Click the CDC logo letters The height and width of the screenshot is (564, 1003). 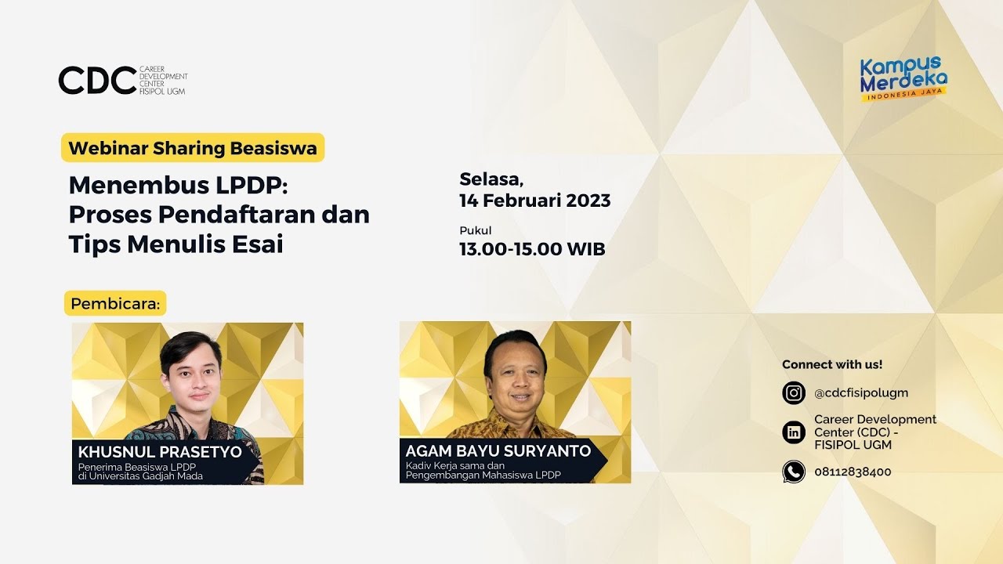97,80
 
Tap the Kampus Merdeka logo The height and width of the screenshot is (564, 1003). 903,77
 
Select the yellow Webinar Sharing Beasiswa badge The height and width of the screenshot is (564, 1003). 193,148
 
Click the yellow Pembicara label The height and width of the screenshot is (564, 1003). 115,303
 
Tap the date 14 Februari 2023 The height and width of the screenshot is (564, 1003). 534,200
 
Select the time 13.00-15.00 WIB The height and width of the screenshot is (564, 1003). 532,249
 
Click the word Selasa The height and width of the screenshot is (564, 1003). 491,179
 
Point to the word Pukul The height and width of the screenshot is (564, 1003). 475,230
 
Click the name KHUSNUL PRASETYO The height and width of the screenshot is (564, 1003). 160,452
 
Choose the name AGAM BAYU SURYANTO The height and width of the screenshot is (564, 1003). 498,450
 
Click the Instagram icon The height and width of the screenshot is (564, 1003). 794,392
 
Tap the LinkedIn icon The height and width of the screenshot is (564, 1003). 794,432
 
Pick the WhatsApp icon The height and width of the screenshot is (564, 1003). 794,472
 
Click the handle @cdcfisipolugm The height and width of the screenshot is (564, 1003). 860,393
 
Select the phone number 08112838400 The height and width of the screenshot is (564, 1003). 853,472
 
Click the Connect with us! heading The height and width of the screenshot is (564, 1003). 832,364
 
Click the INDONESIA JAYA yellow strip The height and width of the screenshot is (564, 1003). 905,96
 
